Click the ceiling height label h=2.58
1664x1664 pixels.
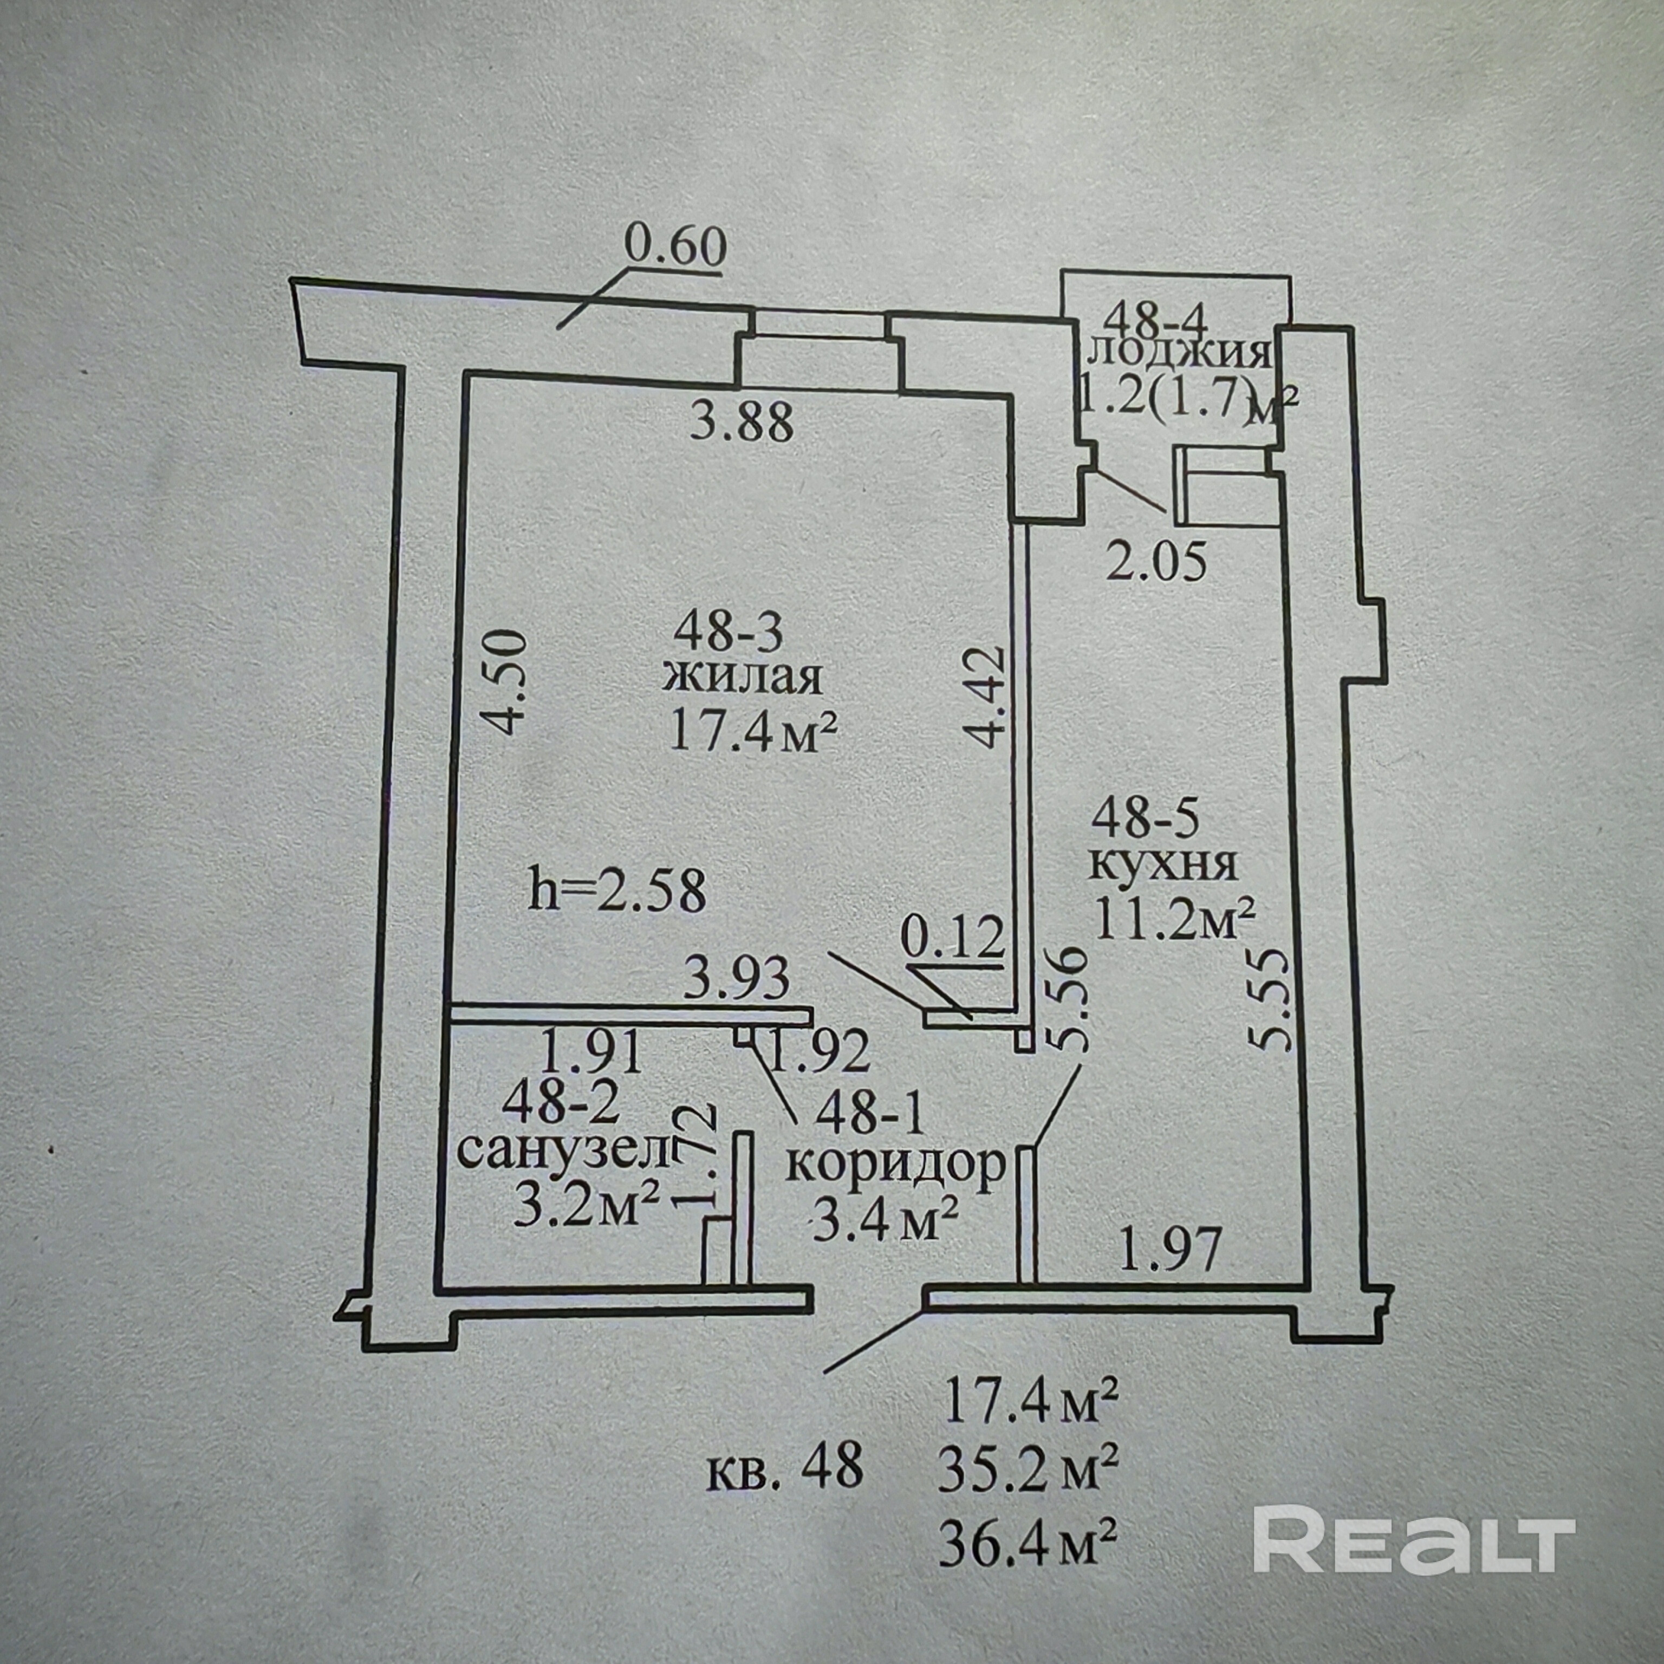point(617,892)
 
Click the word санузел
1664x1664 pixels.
point(562,1150)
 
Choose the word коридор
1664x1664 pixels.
point(896,1165)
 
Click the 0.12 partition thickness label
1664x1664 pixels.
point(952,938)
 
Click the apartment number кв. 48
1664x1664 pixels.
point(785,1466)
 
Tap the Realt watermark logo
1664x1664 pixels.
point(1413,1467)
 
